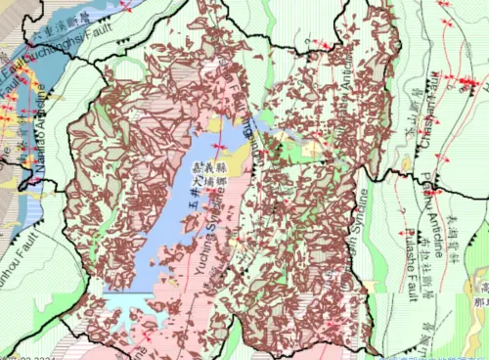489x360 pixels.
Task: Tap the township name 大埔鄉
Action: point(213,186)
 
